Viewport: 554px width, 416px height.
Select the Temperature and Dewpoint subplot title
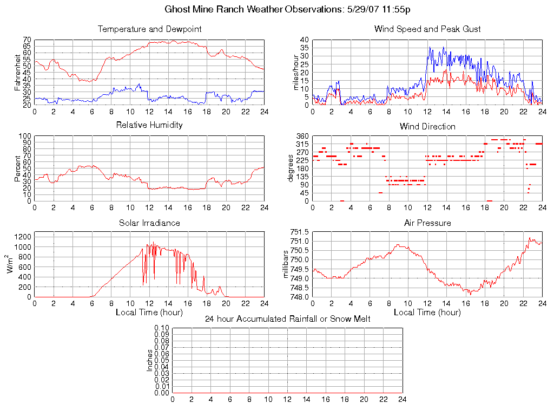click(149, 29)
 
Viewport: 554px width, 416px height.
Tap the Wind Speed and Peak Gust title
click(427, 29)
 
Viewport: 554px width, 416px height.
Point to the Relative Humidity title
click(149, 125)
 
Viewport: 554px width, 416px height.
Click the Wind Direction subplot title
click(427, 127)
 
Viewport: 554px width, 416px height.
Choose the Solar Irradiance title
click(149, 223)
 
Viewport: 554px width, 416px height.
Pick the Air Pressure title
click(427, 223)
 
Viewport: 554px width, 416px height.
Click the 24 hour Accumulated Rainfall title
click(288, 319)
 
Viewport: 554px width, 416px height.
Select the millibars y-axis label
click(286, 264)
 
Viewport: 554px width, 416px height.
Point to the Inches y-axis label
click(150, 360)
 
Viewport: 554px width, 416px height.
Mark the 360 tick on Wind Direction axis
click(302, 136)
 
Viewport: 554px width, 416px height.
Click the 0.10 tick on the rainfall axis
click(162, 328)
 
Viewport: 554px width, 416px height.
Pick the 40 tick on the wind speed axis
click(304, 40)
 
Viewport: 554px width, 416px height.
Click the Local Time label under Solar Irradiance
click(149, 313)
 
